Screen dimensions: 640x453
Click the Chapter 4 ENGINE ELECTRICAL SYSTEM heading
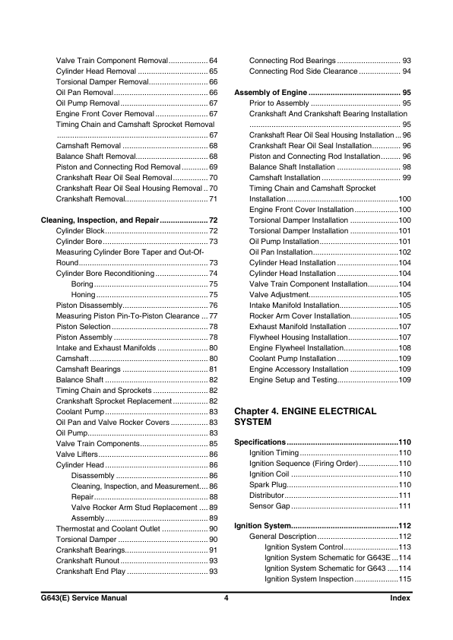[306, 416]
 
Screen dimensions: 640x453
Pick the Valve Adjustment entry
[281, 294]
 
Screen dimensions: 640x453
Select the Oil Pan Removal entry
[84, 92]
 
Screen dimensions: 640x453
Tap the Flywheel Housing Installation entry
[298, 337]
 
